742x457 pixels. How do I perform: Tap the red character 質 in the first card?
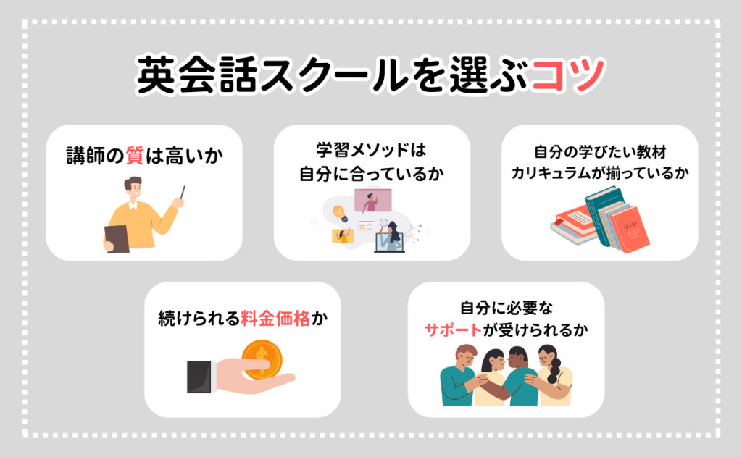(x=135, y=155)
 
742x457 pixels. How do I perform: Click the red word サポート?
(x=453, y=330)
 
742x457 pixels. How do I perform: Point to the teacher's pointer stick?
(x=181, y=195)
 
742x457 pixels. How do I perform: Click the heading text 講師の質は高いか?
(x=143, y=155)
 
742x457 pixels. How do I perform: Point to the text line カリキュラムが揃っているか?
(x=599, y=173)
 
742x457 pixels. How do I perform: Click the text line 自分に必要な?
(x=505, y=307)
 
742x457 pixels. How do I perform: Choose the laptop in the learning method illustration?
(x=387, y=240)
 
